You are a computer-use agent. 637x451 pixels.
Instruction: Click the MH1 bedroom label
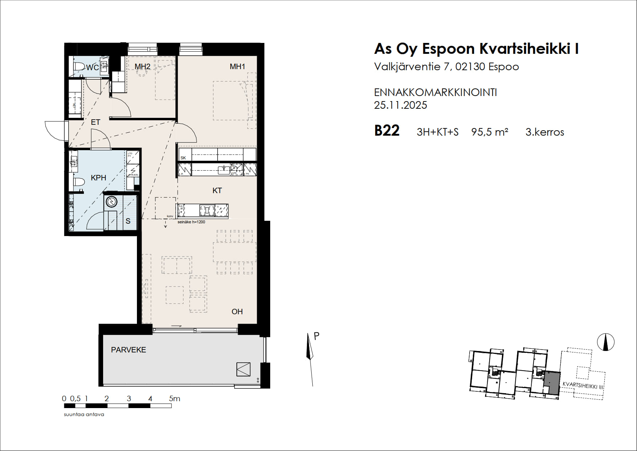tap(237, 67)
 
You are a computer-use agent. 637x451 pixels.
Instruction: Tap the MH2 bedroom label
tap(142, 67)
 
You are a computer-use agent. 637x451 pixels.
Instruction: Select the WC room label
tap(92, 68)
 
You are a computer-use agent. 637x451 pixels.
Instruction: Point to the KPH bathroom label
tap(98, 178)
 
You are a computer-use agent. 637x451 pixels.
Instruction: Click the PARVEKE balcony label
tap(128, 350)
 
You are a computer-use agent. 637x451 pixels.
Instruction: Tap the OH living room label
tap(237, 312)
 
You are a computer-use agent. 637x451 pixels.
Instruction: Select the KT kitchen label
tap(217, 191)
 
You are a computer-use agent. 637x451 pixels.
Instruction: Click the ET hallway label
tap(96, 122)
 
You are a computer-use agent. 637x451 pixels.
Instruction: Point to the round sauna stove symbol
tap(111, 202)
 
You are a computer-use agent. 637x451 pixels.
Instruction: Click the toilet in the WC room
tap(78, 67)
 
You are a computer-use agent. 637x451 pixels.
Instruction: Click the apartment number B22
tap(387, 131)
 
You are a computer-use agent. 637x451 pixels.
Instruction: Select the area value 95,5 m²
tap(490, 132)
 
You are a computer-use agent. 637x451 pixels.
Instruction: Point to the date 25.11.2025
tap(400, 105)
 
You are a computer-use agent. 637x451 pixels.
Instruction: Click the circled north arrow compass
tap(605, 342)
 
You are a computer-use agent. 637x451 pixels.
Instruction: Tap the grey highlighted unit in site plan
tap(552, 382)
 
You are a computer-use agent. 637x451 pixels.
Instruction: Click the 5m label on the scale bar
tap(174, 399)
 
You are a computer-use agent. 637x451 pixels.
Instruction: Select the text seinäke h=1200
tap(191, 222)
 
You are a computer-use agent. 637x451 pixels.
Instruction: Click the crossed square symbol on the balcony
tap(243, 369)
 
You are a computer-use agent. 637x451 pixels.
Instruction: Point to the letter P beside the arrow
tap(316, 336)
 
